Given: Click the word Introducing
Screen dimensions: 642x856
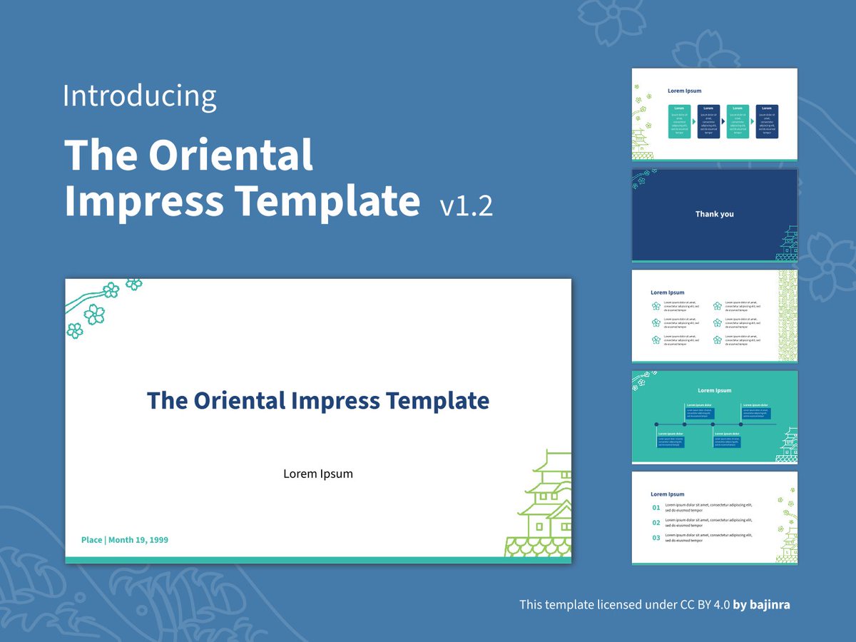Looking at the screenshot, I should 139,96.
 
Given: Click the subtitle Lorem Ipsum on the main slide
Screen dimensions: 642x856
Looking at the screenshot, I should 318,474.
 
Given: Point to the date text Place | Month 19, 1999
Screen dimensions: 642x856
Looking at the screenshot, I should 125,540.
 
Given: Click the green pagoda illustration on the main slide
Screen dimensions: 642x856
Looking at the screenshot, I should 542,506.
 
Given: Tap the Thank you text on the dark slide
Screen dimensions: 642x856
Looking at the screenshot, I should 714,214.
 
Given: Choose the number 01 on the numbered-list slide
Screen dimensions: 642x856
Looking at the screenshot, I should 656,508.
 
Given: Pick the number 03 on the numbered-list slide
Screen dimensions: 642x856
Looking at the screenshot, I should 656,538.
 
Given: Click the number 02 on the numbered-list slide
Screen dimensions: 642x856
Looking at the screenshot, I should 656,523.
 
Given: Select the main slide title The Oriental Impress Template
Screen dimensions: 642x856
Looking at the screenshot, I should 318,400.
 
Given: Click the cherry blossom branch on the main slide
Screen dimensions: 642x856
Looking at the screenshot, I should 100,303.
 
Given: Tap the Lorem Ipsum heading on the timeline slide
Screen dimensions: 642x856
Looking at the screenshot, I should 714,390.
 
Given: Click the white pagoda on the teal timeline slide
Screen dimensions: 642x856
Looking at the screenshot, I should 788,446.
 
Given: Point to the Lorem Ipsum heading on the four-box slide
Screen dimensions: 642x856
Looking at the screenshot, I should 684,91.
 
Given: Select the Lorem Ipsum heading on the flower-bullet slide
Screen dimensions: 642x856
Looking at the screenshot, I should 667,292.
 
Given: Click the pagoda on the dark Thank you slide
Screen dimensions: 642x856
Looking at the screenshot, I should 788,245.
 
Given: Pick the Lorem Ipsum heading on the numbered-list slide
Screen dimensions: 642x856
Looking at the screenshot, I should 667,494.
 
